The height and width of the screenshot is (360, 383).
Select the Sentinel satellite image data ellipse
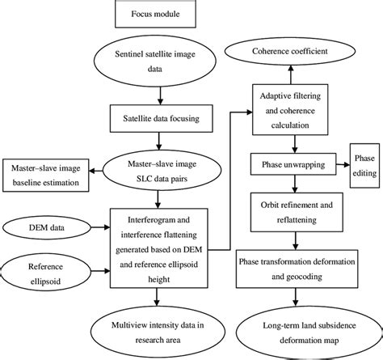[x=161, y=61]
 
